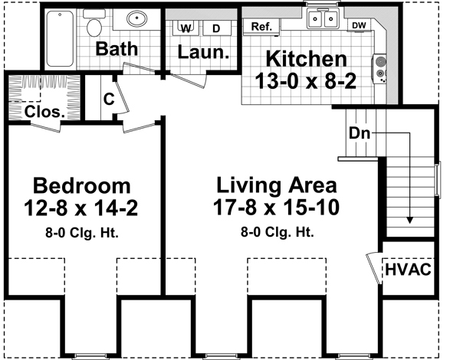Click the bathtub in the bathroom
pyautogui.click(x=61, y=38)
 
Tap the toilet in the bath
pyautogui.click(x=95, y=28)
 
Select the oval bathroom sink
pyautogui.click(x=137, y=18)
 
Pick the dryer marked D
pyautogui.click(x=215, y=28)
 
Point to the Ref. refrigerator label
pyautogui.click(x=261, y=27)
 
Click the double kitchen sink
pyautogui.click(x=324, y=19)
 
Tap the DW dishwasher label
pyautogui.click(x=359, y=25)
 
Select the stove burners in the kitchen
pyautogui.click(x=379, y=67)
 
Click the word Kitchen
pyautogui.click(x=306, y=59)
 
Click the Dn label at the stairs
pyautogui.click(x=360, y=132)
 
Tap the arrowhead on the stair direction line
pyautogui.click(x=409, y=219)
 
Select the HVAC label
pyautogui.click(x=409, y=270)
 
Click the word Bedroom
pyautogui.click(x=81, y=185)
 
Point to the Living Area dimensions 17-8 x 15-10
pyautogui.click(x=276, y=206)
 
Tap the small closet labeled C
pyautogui.click(x=109, y=98)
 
